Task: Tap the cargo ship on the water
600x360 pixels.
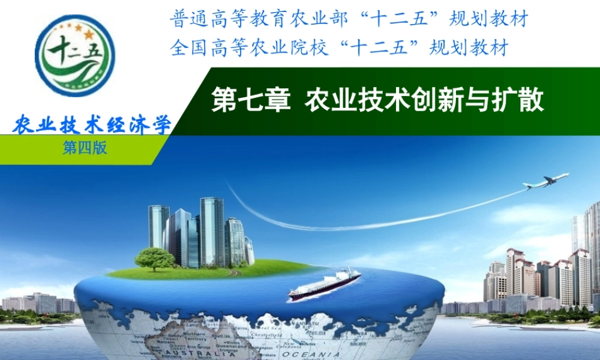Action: tap(325, 284)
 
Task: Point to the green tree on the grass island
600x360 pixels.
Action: tap(154, 259)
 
